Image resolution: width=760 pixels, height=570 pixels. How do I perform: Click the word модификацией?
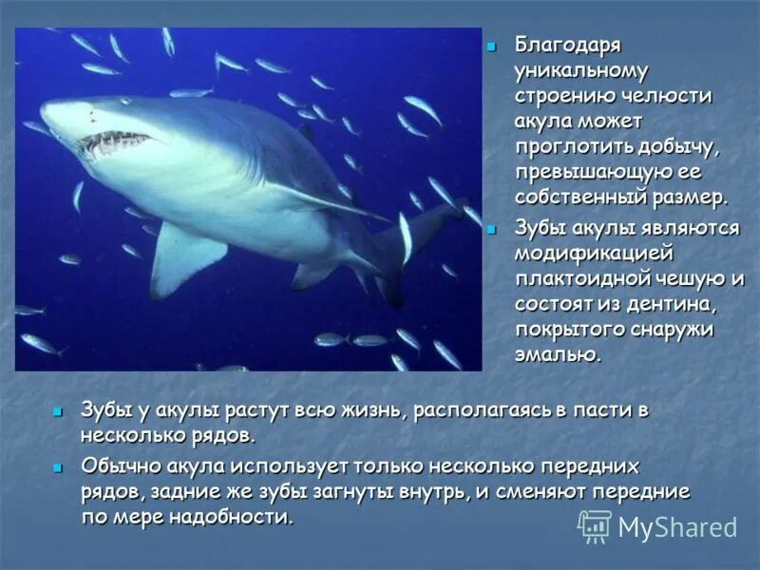coord(594,254)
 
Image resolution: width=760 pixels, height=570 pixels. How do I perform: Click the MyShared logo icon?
coord(596,526)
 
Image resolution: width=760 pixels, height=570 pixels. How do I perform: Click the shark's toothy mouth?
coord(111,143)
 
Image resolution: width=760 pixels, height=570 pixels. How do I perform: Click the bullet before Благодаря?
coord(492,46)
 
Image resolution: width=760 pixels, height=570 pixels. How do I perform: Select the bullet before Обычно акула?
coord(59,467)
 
